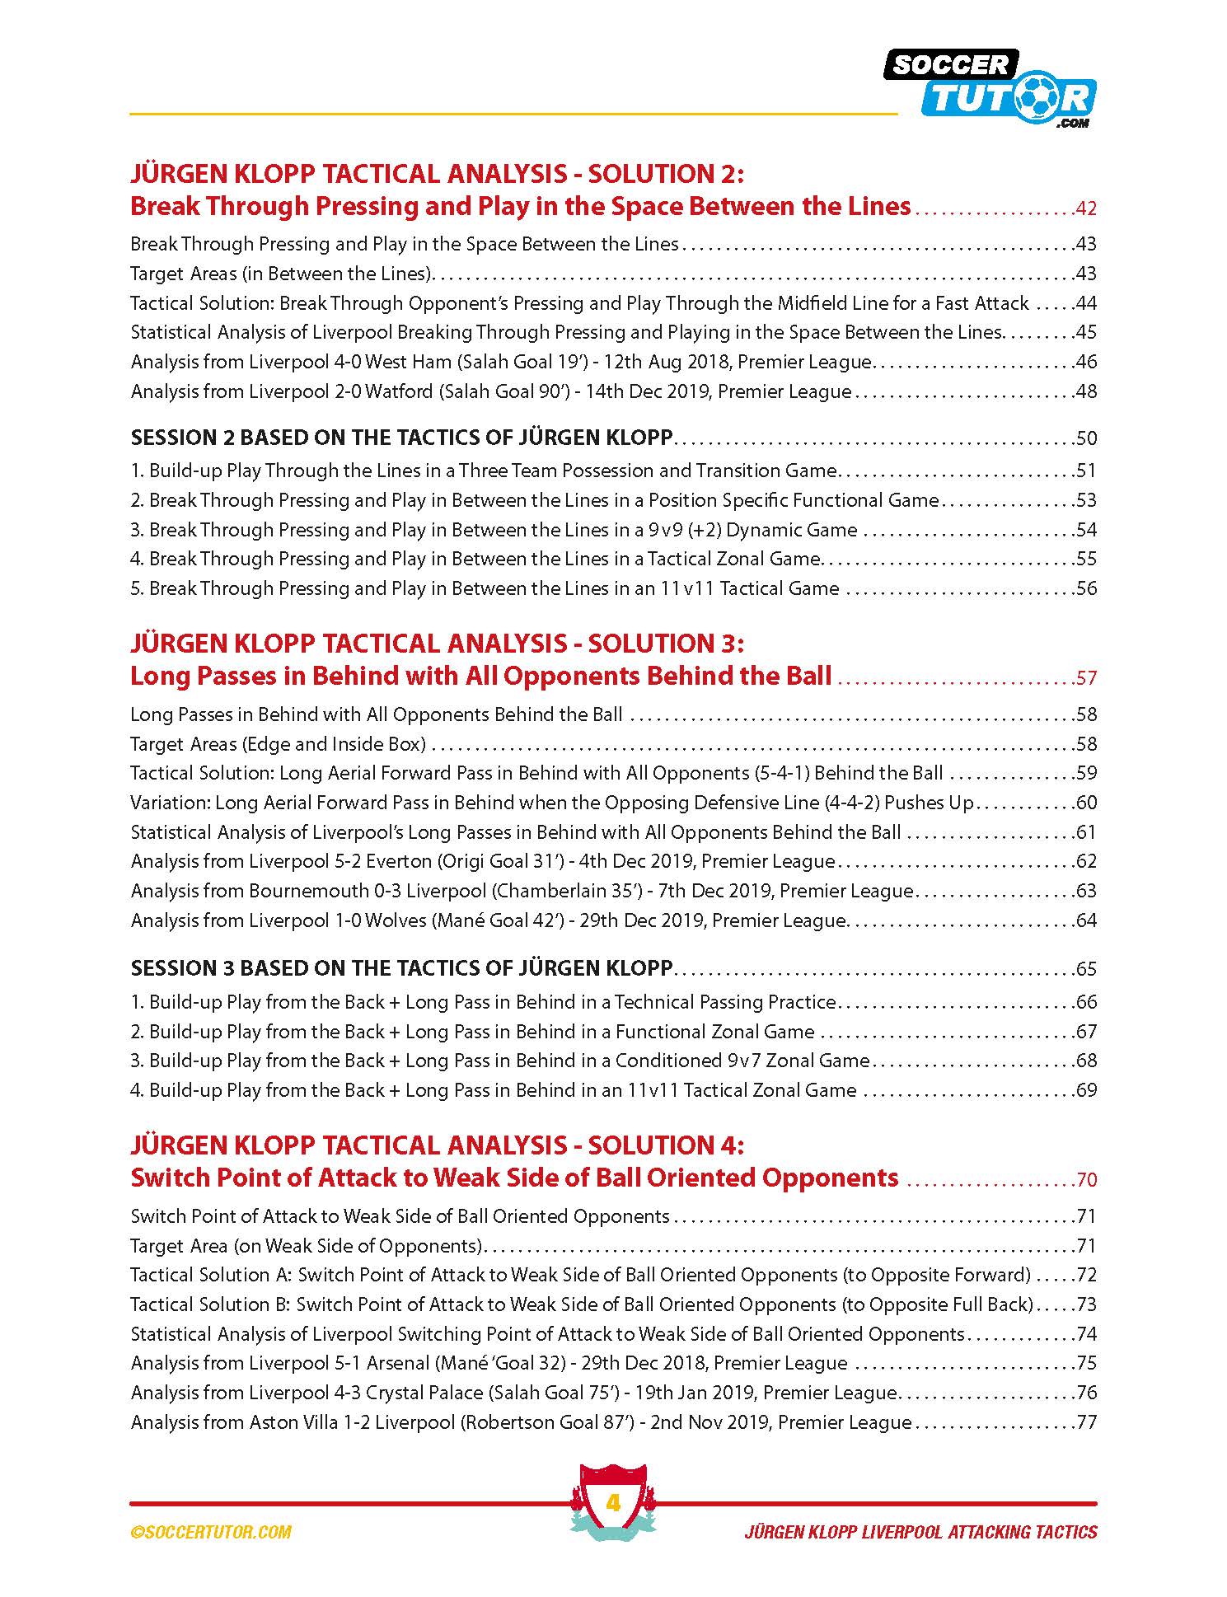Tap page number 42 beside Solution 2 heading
pyautogui.click(x=1086, y=208)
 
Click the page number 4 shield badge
pyautogui.click(x=613, y=1503)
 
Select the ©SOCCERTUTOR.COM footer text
pyautogui.click(x=211, y=1532)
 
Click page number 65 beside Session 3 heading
pyautogui.click(x=1086, y=968)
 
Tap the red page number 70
pyautogui.click(x=1086, y=1179)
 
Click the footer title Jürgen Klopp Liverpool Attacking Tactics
pyautogui.click(x=920, y=1532)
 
